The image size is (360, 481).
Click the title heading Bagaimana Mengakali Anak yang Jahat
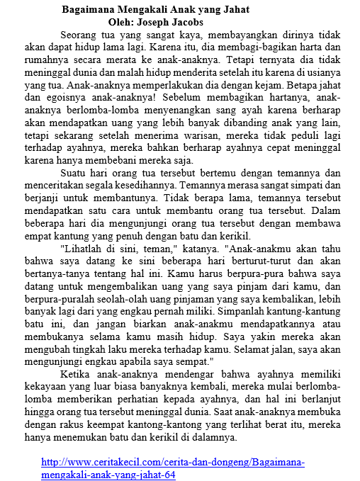tap(156, 10)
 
